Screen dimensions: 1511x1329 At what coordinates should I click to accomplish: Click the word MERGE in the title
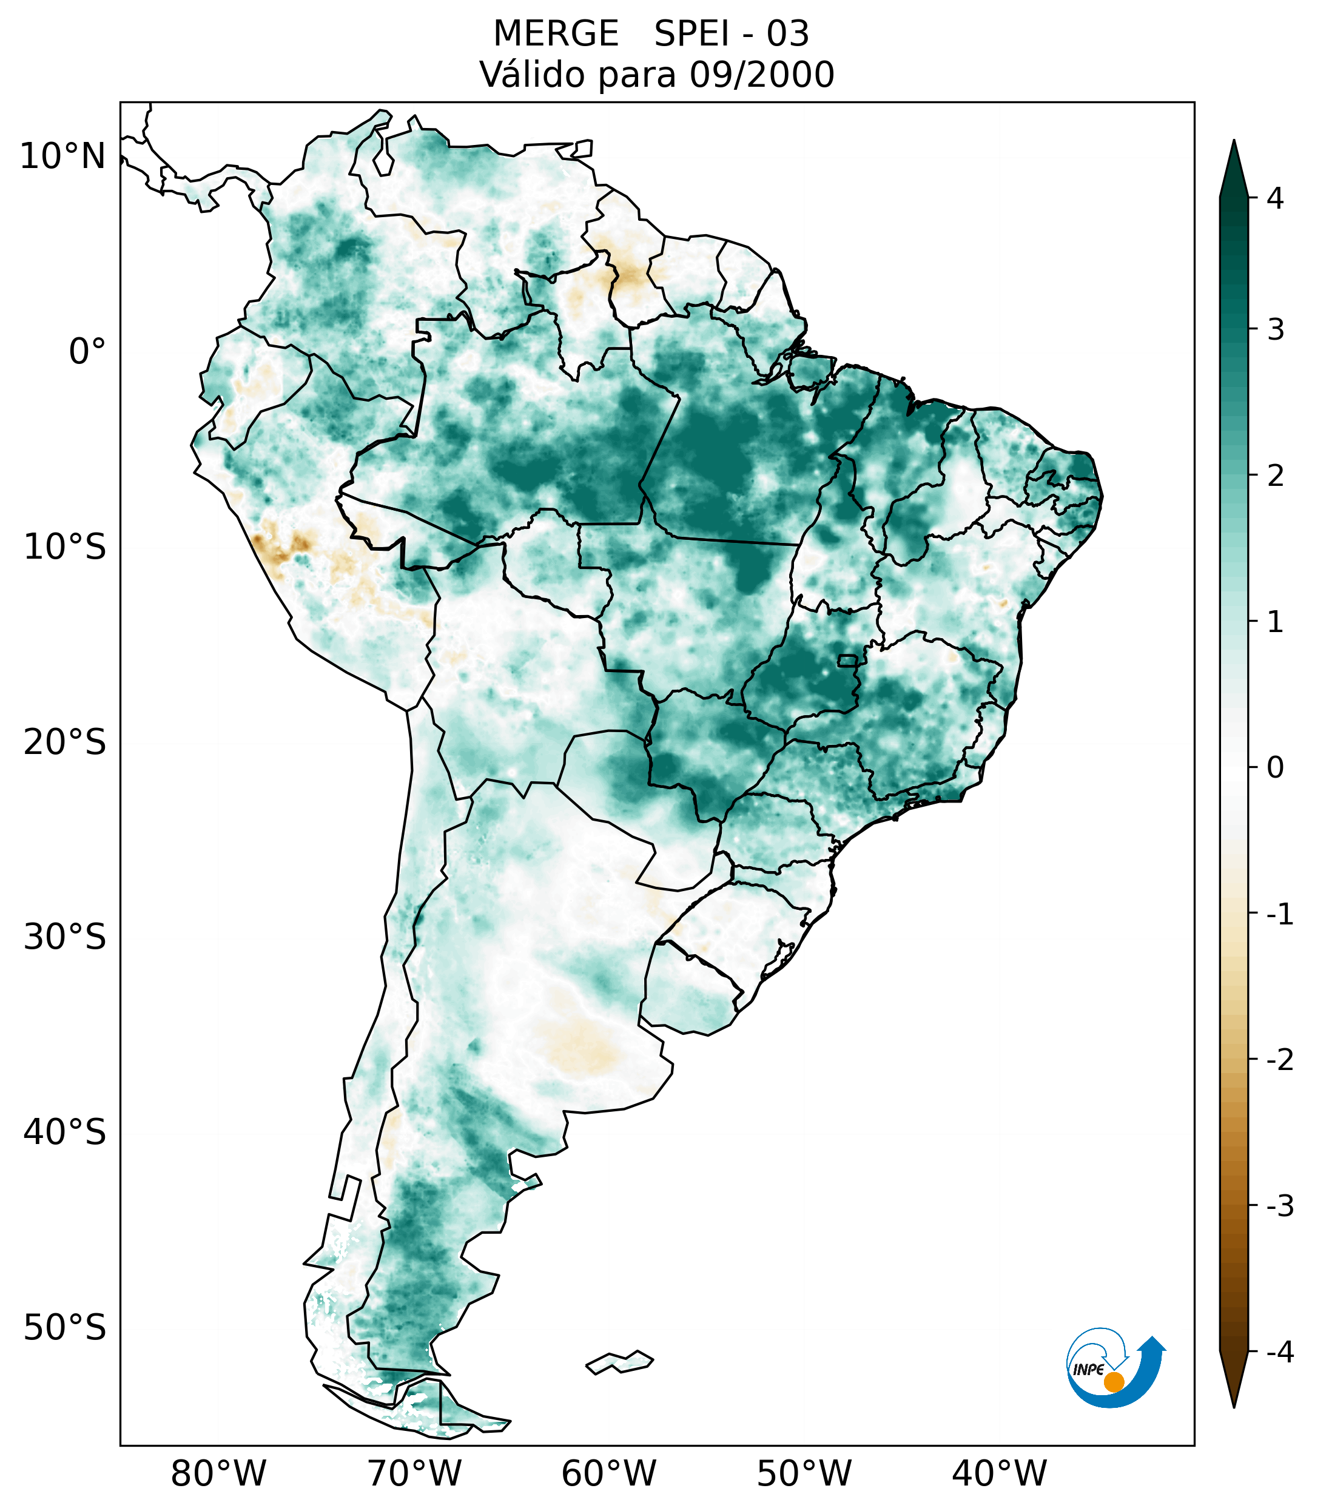tap(555, 34)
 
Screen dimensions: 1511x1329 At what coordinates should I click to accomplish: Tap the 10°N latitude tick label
tap(62, 156)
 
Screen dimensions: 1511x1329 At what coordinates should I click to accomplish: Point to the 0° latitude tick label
tap(87, 352)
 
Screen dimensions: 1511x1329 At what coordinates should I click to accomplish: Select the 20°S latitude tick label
tap(64, 742)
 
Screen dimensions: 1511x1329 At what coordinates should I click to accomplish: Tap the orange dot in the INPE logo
tap(1113, 1382)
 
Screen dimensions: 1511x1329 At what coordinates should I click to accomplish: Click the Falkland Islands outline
tap(619, 1362)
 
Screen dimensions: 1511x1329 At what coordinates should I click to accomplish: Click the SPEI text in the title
tap(692, 34)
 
